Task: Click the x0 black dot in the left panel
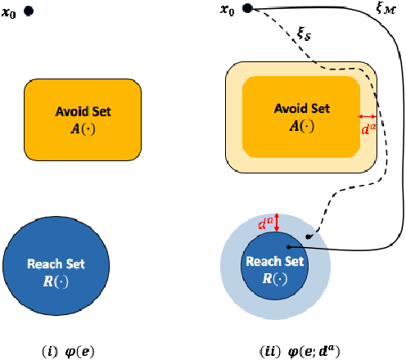pyautogui.click(x=29, y=11)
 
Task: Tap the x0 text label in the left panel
pyautogui.click(x=10, y=12)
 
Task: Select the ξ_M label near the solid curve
pyautogui.click(x=383, y=10)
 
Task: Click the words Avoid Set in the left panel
pyautogui.click(x=83, y=111)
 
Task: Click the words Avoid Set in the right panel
pyautogui.click(x=302, y=109)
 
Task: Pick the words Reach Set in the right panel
pyautogui.click(x=275, y=261)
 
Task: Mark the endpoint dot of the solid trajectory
pyautogui.click(x=287, y=245)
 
